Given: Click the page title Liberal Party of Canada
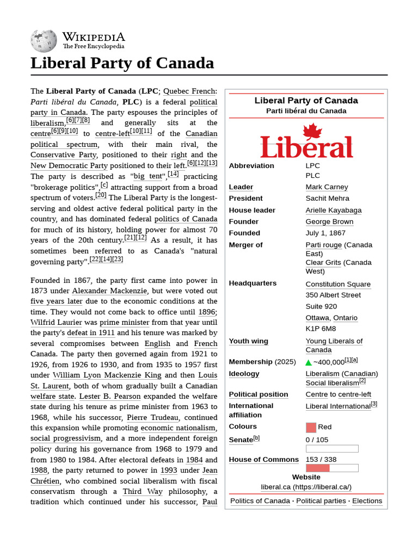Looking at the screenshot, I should click(122, 63).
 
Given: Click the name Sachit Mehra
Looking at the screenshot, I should click(327, 199).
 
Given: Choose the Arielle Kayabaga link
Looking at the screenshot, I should click(333, 211).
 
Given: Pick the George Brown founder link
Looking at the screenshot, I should click(329, 222).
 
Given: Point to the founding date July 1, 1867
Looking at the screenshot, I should click(326, 233).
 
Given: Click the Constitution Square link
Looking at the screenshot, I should click(337, 284).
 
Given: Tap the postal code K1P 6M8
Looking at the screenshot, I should click(321, 329).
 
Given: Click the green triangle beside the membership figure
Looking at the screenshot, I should click(309, 362).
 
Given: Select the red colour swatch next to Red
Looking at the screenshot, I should click(311, 428).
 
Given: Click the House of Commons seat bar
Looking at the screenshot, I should click(331, 468).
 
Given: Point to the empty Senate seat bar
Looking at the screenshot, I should click(331, 449).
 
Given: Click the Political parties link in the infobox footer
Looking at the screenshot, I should click(321, 501).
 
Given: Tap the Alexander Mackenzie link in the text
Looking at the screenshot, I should click(109, 291).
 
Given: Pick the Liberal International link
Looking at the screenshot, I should click(337, 406).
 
